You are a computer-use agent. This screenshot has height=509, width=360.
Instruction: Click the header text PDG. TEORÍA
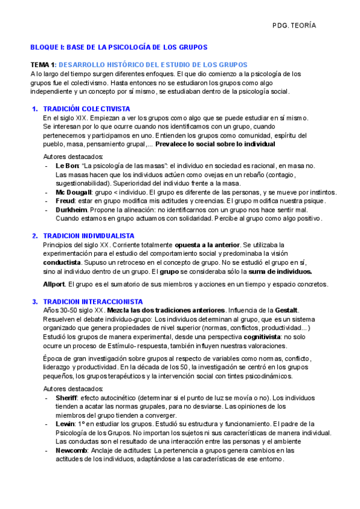tap(294, 26)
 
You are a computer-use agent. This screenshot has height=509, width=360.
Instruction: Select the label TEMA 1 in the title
tap(43, 65)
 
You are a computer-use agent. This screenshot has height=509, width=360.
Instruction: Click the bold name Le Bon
tap(67, 166)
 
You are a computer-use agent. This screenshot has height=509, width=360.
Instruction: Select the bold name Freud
tap(65, 200)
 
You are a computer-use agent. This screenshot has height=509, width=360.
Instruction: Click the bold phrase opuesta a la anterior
tap(206, 245)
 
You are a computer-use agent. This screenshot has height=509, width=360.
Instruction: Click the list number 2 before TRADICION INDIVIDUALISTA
tap(35, 236)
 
